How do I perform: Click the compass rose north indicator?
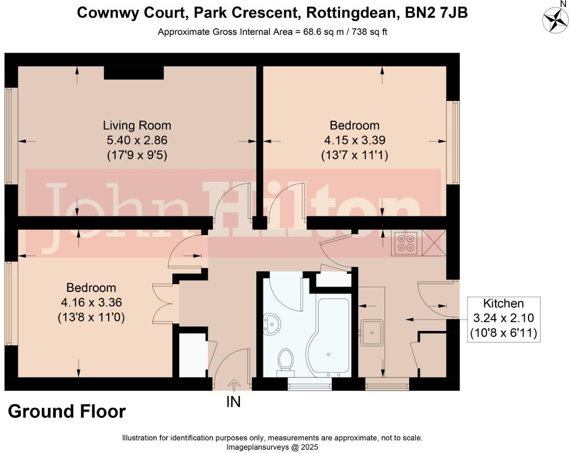tap(555, 20)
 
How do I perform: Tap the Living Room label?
tap(137, 126)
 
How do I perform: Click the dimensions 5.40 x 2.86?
tap(137, 140)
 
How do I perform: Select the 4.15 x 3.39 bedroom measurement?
tap(355, 140)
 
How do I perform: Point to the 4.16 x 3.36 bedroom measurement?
tap(91, 302)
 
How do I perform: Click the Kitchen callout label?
tap(503, 303)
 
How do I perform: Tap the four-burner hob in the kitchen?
tap(406, 243)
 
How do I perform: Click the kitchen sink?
tap(372, 332)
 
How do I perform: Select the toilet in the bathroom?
tap(286, 361)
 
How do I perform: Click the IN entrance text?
tap(233, 402)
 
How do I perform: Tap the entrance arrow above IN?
tap(233, 385)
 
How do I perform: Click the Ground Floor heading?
tap(67, 412)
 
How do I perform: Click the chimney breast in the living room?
tap(134, 73)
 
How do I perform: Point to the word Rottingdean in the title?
tap(351, 13)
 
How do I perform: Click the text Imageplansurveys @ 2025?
tap(272, 447)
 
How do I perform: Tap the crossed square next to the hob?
tap(433, 243)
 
